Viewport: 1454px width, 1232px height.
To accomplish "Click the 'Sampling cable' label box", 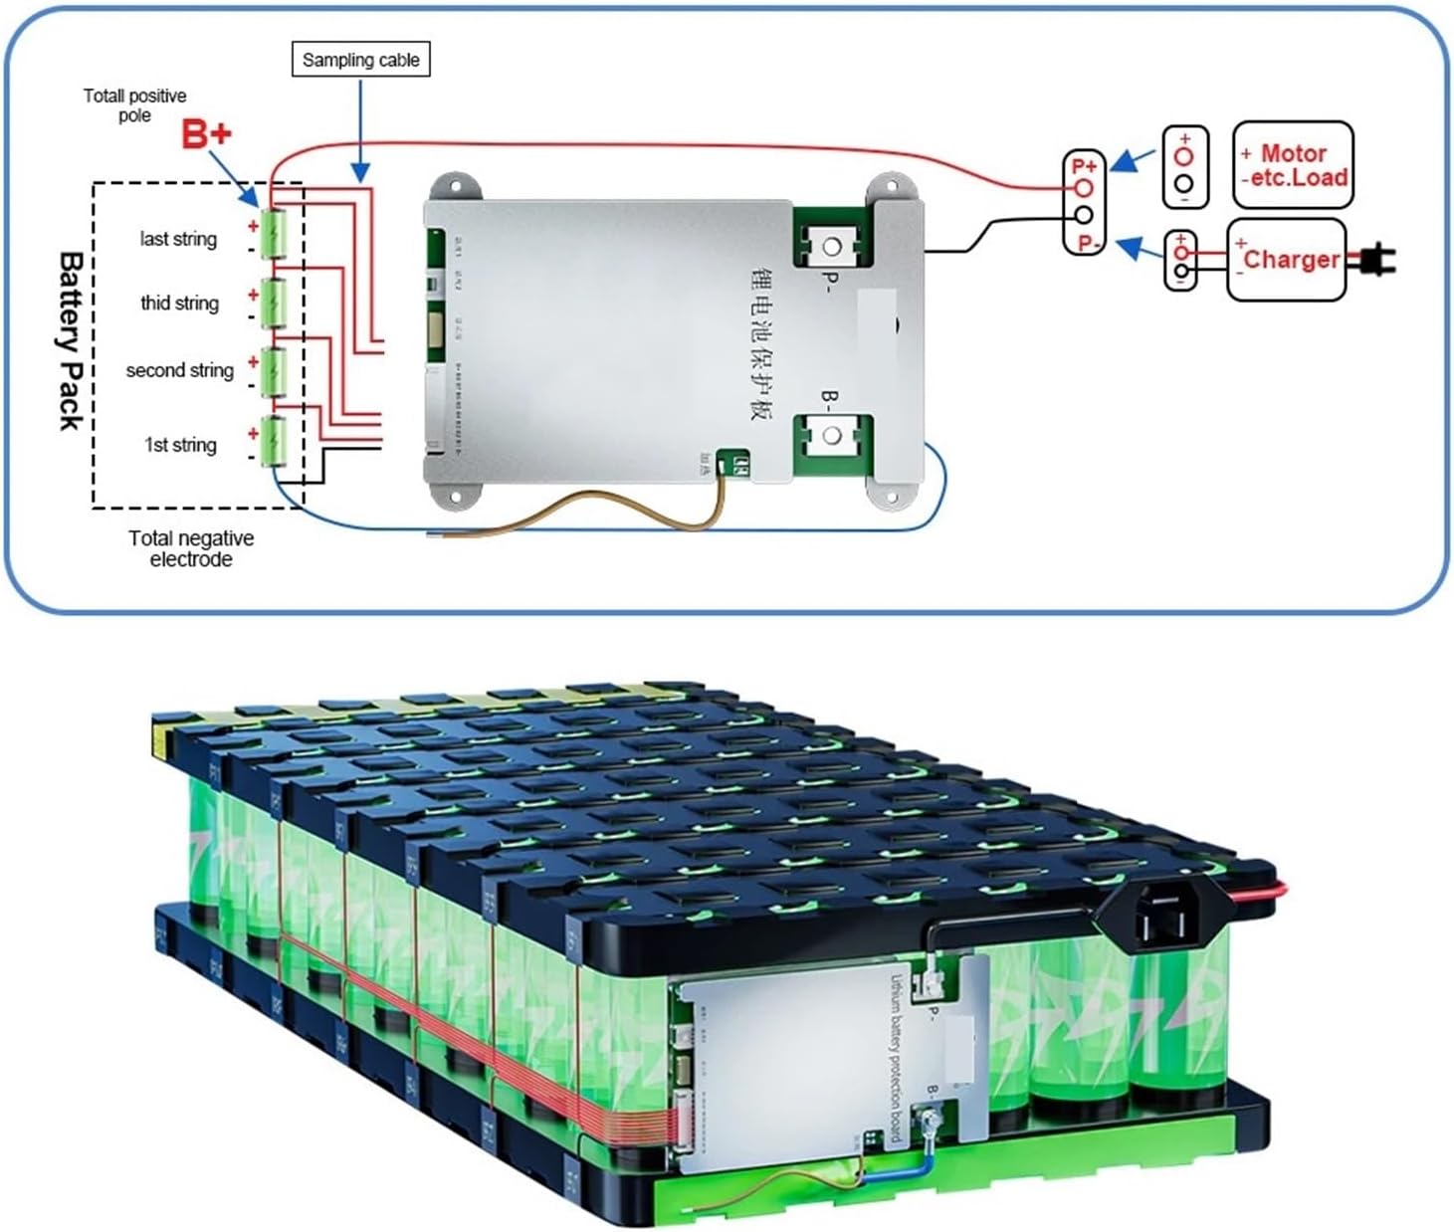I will (360, 60).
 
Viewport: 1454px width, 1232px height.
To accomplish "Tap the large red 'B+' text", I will (206, 134).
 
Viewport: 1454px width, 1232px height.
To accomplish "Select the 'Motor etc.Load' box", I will (1293, 165).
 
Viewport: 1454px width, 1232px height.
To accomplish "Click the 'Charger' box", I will (1287, 260).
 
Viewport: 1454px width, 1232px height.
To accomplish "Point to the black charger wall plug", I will (1377, 261).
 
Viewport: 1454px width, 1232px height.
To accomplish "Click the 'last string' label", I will (178, 239).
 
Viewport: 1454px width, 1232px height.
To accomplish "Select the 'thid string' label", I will (179, 303).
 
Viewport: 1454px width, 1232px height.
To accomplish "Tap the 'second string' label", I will (179, 370).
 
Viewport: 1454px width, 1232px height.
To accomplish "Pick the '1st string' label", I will (180, 445).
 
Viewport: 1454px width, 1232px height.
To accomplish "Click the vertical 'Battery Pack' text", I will (70, 340).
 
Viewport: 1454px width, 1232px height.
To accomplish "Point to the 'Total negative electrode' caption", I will (191, 548).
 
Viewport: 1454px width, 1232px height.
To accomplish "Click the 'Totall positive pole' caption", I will (134, 104).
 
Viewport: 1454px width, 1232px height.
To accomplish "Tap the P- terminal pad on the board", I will (831, 244).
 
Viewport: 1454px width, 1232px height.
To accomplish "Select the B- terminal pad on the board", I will (831, 435).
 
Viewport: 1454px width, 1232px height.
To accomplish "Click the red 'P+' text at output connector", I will (1084, 166).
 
